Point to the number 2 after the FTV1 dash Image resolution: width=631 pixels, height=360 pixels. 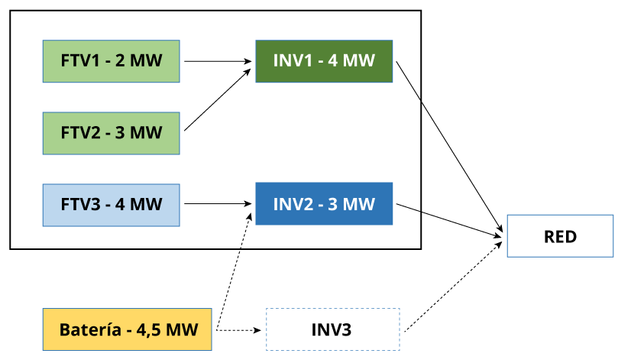(120, 61)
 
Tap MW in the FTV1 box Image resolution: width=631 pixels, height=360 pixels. (146, 61)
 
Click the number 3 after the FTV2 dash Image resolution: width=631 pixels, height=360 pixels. (120, 133)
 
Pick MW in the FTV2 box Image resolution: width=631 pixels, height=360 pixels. (146, 133)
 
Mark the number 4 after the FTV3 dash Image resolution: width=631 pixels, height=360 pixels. (120, 205)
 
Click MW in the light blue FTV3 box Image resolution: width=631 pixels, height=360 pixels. (146, 205)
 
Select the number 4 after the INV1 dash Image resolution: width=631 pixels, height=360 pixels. (333, 61)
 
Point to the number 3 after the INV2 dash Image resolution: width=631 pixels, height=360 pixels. (333, 204)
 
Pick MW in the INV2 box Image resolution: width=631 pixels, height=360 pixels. (359, 204)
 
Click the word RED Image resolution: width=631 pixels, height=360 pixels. (560, 236)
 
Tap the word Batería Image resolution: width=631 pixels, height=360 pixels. (90, 330)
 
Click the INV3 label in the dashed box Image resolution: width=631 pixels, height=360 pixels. (332, 330)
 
